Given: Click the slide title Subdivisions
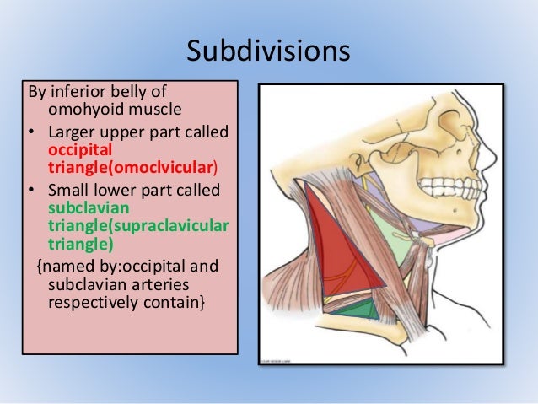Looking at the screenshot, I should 268,51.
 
